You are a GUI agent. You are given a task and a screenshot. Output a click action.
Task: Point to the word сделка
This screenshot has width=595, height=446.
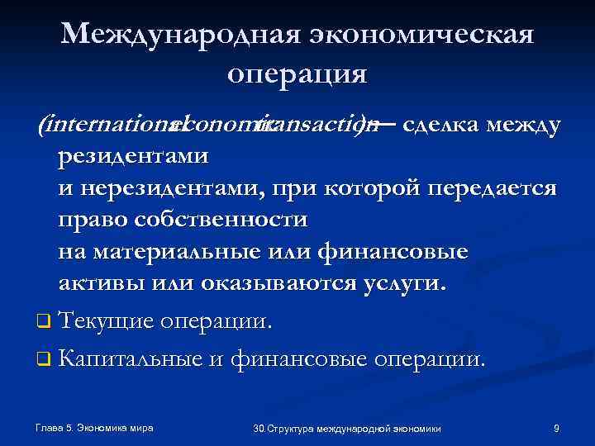click(x=440, y=126)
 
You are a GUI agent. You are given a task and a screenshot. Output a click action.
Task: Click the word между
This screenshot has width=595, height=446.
click(x=523, y=126)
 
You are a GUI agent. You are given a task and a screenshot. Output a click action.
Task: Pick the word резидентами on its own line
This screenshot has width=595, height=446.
click(x=133, y=157)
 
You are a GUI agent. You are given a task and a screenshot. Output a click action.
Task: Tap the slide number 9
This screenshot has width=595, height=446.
click(x=556, y=428)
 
